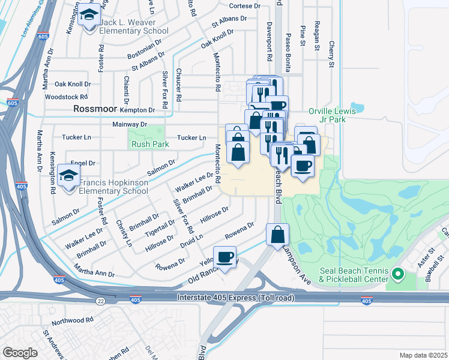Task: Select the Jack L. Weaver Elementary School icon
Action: (90, 16)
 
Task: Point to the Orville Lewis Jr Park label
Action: (332, 115)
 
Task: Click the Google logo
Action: (20, 353)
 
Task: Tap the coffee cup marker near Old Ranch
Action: (225, 258)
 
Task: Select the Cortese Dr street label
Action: (246, 6)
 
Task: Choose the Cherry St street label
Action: (331, 55)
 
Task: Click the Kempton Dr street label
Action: (137, 110)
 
